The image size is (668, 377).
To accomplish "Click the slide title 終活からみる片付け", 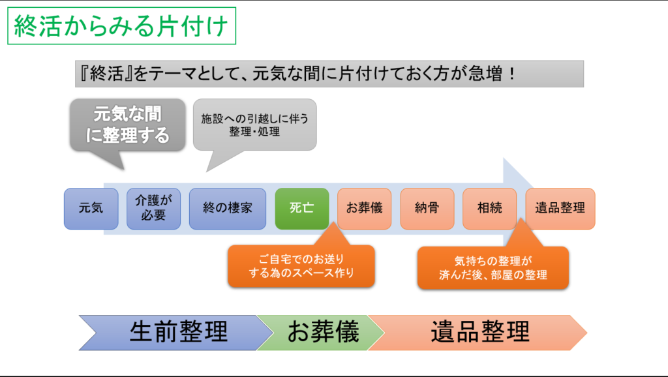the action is (121, 25).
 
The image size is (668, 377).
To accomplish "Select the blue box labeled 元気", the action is (91, 209).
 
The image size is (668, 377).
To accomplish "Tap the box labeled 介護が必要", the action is (153, 209).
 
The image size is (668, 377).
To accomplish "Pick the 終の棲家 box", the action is (228, 209).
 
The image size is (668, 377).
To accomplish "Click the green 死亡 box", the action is (302, 209).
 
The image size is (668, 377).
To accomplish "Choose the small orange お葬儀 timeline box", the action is (364, 209).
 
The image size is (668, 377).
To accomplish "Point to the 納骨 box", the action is (427, 209).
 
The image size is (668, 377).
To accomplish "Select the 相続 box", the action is (489, 209).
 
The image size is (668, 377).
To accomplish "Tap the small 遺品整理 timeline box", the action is (560, 209).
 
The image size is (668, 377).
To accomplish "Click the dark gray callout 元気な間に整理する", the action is (127, 125).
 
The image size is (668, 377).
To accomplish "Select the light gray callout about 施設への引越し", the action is (255, 125).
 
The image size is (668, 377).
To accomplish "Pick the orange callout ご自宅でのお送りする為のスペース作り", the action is (301, 266).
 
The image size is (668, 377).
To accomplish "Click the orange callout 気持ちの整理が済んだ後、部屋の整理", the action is (493, 268).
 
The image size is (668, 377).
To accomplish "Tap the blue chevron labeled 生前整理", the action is (175, 333).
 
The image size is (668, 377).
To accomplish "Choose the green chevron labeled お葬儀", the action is (320, 333).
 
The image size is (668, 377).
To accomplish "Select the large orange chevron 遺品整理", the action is (478, 333).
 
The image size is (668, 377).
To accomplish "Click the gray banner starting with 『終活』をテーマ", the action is (329, 74).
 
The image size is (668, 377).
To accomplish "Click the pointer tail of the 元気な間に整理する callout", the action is (123, 170).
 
